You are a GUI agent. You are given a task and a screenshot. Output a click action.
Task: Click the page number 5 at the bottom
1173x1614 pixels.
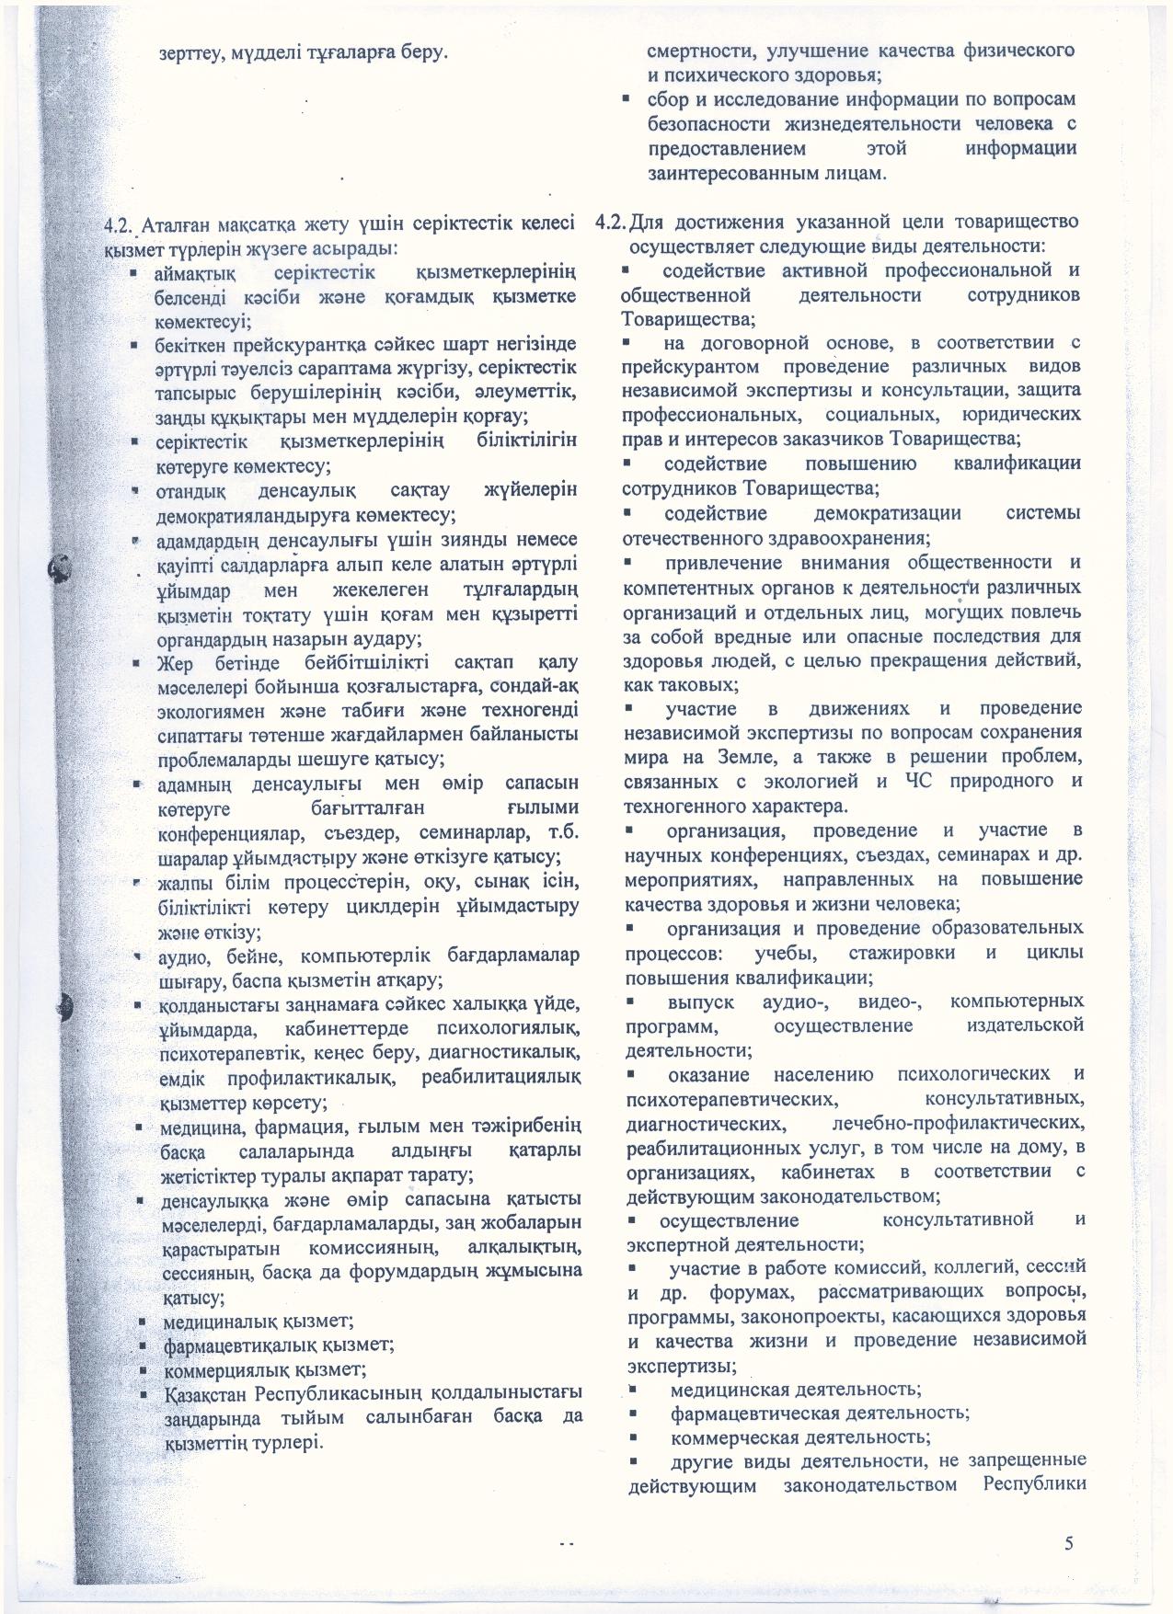(1068, 1542)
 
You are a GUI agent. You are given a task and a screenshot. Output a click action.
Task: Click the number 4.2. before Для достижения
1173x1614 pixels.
(613, 223)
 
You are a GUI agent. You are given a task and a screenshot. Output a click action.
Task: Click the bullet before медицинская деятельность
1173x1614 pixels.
(633, 1387)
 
